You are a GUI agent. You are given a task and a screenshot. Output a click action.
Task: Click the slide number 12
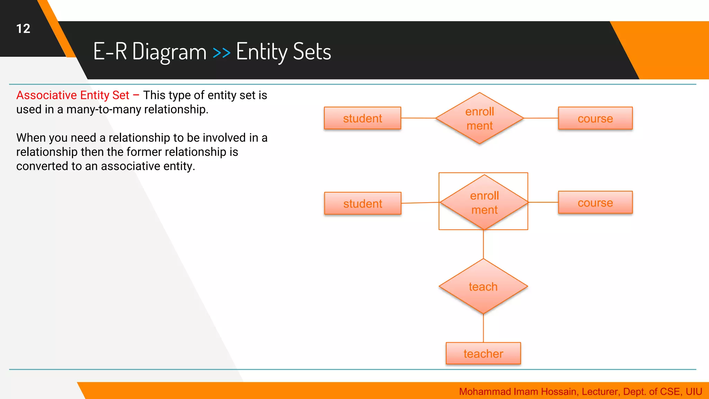23,28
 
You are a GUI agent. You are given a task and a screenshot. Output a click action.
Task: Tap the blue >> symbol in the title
221,53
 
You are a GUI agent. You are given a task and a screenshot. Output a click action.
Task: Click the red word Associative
46,95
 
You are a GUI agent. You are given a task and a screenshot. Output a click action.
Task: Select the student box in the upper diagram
362,118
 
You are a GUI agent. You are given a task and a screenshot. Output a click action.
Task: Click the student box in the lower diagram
362,203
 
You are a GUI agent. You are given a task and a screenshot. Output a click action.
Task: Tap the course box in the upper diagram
595,118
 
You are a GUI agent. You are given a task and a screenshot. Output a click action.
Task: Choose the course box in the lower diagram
595,202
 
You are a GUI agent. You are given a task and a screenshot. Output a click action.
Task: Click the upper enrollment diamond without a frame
479,118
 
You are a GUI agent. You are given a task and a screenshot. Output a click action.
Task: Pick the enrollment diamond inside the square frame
484,202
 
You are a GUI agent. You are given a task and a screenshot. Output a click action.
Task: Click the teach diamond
483,286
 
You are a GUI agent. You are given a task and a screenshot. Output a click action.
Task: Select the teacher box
483,353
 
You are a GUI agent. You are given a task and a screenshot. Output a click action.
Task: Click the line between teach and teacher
483,328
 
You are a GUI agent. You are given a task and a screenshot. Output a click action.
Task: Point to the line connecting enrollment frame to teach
483,244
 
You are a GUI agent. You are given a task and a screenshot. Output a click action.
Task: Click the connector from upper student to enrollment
418,118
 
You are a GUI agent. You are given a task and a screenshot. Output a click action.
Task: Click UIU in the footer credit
693,391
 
